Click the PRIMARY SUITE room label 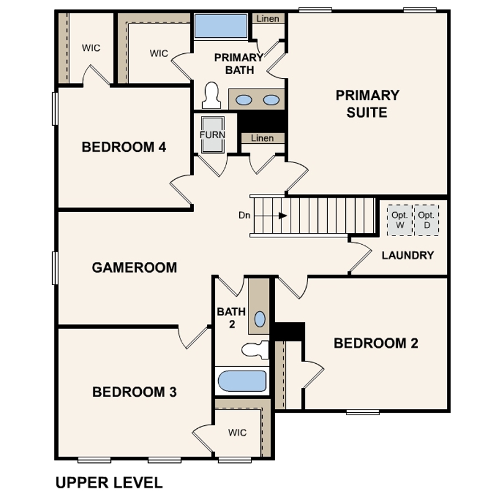coord(368,104)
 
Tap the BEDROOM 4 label coord(124,148)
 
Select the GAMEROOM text coord(134,268)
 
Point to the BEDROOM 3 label coord(134,392)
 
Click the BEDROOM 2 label coord(376,343)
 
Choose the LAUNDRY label coord(408,255)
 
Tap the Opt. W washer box coord(399,220)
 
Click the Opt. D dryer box coord(426,220)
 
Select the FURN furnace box coord(212,134)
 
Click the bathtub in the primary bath coord(221,27)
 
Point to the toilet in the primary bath coord(212,96)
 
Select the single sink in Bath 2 coord(260,319)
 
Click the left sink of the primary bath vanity coord(245,100)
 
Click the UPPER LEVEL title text coord(109,483)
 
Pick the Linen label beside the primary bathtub coord(267,19)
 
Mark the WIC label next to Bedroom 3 coord(237,433)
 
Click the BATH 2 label coord(231,317)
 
